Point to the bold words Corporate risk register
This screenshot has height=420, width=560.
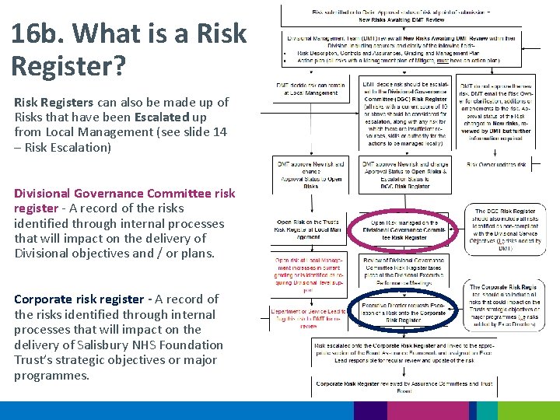79,299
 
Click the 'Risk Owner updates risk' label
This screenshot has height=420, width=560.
496,165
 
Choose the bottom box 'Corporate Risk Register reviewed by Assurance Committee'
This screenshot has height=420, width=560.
404,387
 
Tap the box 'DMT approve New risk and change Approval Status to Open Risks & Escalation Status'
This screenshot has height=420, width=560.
404,176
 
